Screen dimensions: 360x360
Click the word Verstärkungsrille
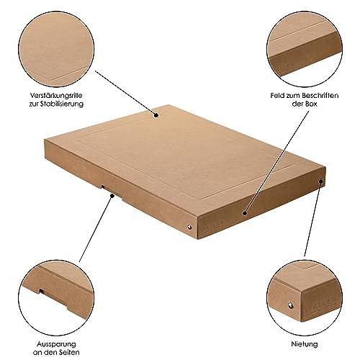coord(56,96)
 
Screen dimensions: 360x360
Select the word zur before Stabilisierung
coord(34,104)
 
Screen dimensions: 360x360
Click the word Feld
coord(277,96)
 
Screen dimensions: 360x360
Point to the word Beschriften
coord(320,96)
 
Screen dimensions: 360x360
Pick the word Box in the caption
coord(311,104)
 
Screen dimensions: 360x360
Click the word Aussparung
coord(56,344)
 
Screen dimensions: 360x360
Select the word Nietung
coord(305,344)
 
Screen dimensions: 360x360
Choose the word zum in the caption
coord(293,96)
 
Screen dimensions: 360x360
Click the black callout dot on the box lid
coord(156,115)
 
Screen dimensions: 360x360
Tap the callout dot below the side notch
coord(112,196)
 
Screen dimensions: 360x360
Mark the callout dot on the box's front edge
coord(245,213)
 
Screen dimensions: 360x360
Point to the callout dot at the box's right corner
coord(320,181)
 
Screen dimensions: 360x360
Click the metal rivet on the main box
coord(189,226)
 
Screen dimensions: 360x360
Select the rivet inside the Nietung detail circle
coord(291,305)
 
